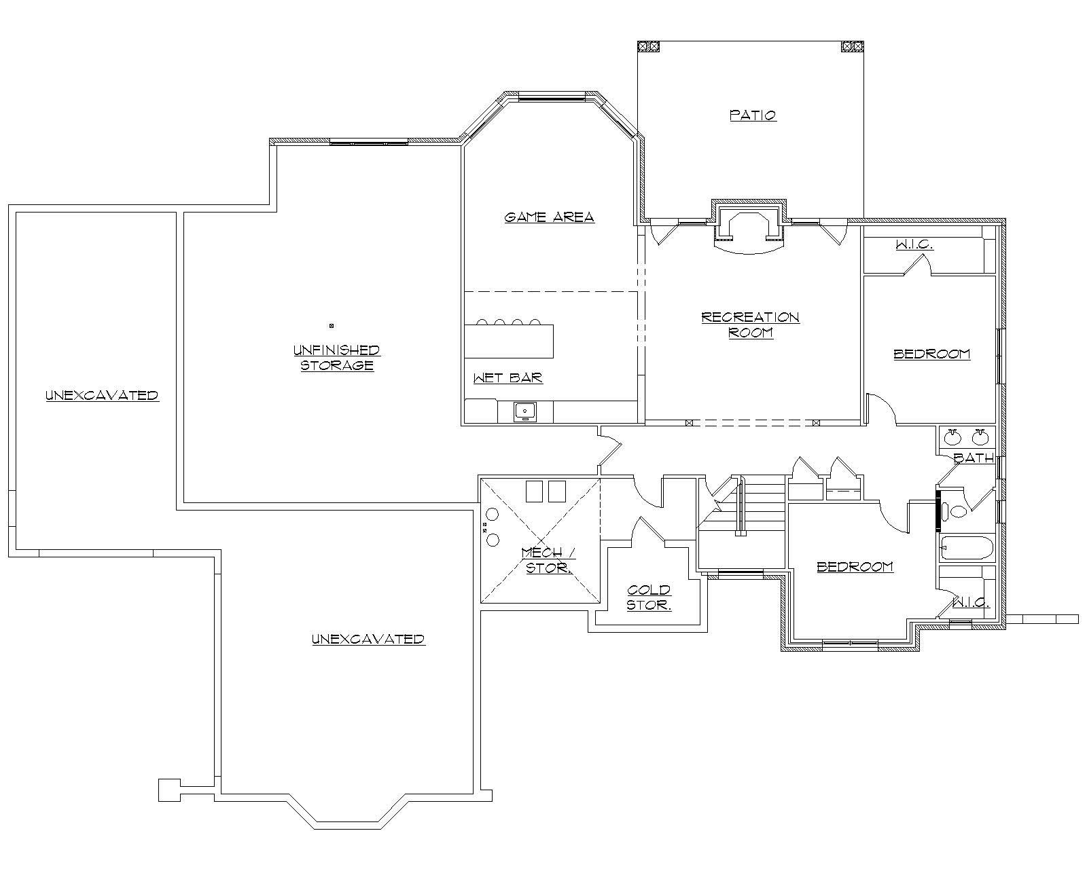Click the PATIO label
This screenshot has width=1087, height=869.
pyautogui.click(x=753, y=115)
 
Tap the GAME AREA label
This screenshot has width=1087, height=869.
pyautogui.click(x=549, y=217)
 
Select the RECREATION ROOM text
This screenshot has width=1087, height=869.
pyautogui.click(x=751, y=325)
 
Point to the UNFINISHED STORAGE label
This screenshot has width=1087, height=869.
pyautogui.click(x=337, y=358)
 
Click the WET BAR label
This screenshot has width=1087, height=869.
pyautogui.click(x=507, y=378)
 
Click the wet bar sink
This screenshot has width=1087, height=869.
pyautogui.click(x=525, y=411)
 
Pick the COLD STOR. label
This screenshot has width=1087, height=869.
pyautogui.click(x=649, y=597)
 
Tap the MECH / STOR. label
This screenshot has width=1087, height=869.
pyautogui.click(x=549, y=561)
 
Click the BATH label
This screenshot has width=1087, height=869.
pyautogui.click(x=974, y=458)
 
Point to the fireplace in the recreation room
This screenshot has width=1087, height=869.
pyautogui.click(x=748, y=231)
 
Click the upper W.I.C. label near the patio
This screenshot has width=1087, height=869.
pyautogui.click(x=914, y=244)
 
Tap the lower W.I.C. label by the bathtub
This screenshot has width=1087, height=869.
pyautogui.click(x=970, y=602)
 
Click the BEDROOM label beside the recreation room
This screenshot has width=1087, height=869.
pyautogui.click(x=931, y=354)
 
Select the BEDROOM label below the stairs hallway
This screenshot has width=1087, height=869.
pyautogui.click(x=855, y=566)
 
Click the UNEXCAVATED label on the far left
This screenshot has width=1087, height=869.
pyautogui.click(x=102, y=395)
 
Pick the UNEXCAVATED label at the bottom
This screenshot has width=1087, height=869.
pyautogui.click(x=368, y=639)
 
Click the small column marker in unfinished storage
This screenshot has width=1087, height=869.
pyautogui.click(x=332, y=326)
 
